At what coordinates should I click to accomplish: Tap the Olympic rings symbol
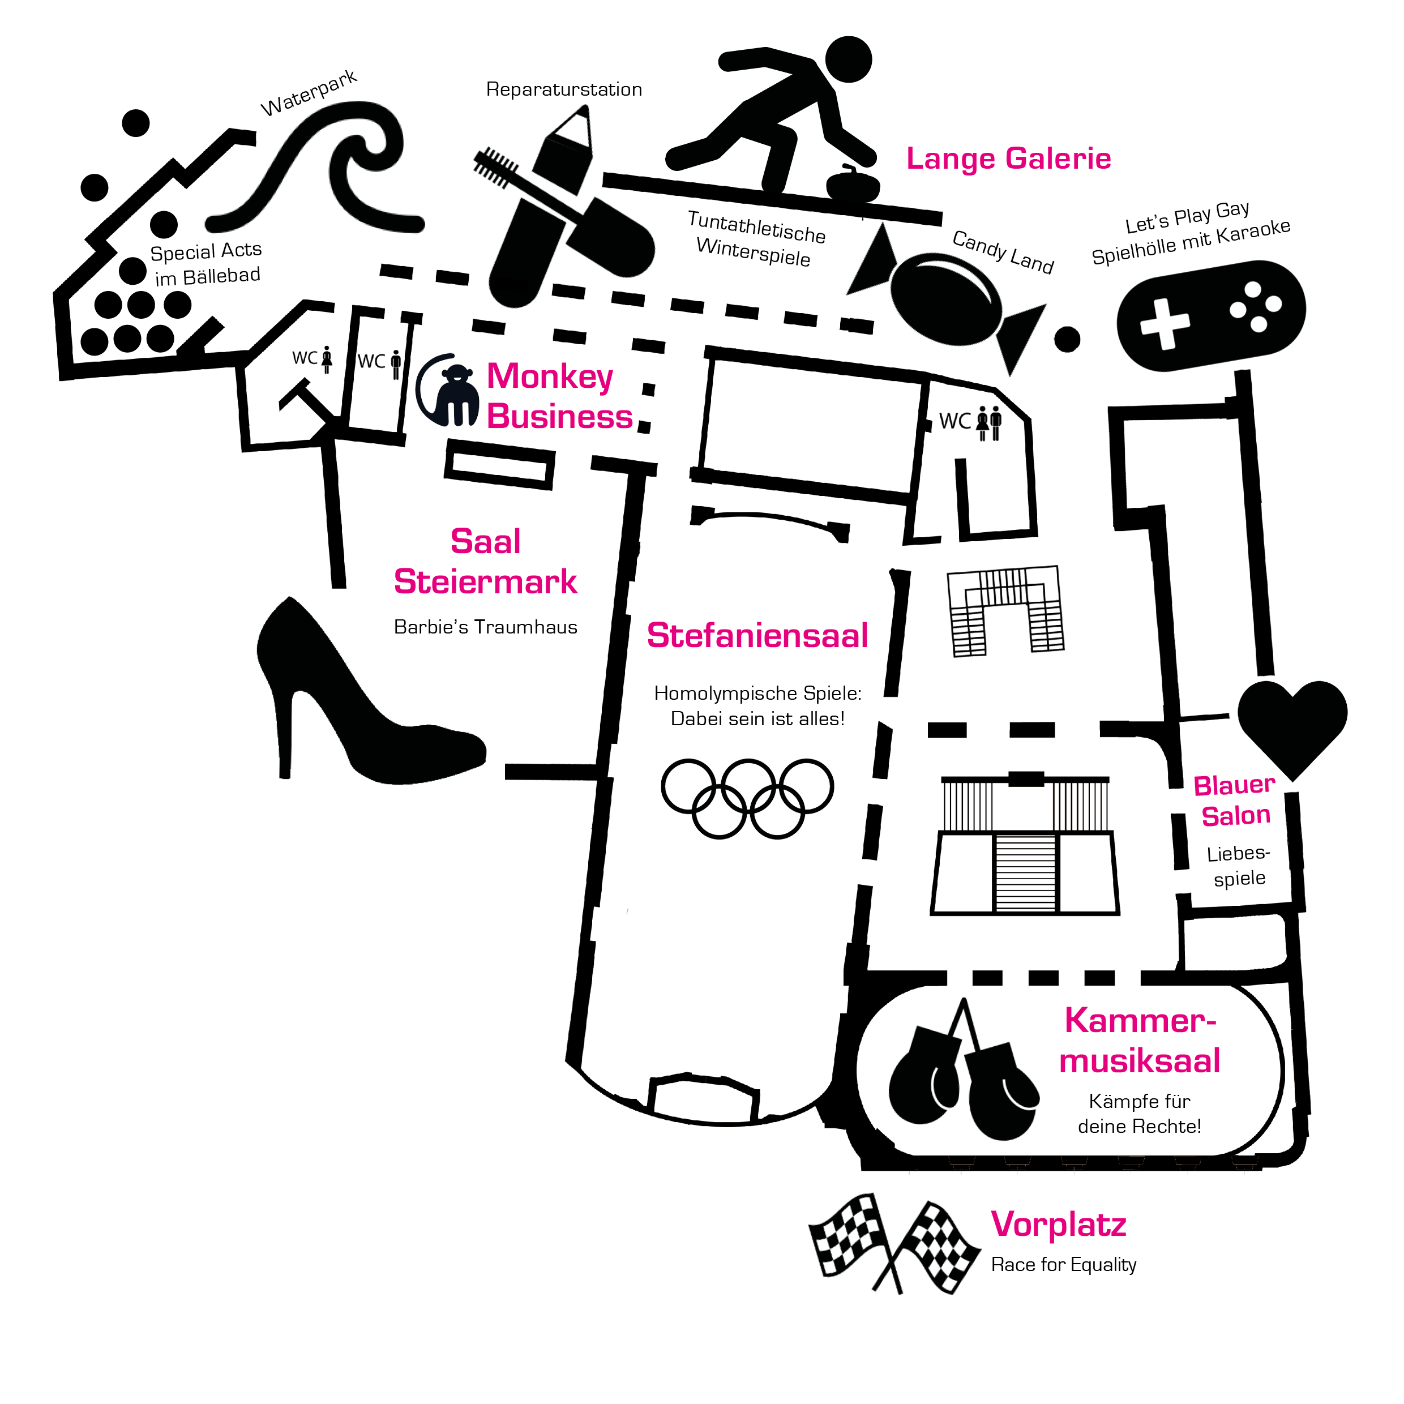coord(747,798)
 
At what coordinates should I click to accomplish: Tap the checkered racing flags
coord(894,1243)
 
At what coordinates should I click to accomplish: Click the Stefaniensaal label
coord(757,635)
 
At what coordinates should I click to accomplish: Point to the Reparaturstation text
coord(564,89)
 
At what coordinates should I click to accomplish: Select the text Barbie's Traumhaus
coord(485,627)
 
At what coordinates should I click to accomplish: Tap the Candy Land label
coord(1003,251)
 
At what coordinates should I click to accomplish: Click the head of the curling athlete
coord(848,59)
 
